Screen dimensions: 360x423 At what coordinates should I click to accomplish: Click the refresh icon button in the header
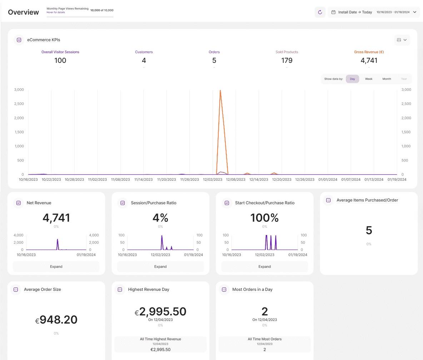(x=320, y=12)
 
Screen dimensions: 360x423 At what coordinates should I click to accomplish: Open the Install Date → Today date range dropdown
(x=374, y=12)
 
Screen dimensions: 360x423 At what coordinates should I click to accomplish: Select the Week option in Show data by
(x=369, y=79)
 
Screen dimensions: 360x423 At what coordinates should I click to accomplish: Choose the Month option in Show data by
(x=387, y=79)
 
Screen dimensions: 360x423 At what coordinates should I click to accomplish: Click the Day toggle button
(x=352, y=79)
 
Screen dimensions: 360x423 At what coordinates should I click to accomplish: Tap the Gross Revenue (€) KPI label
(x=369, y=52)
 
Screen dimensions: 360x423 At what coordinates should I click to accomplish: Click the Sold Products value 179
(x=287, y=61)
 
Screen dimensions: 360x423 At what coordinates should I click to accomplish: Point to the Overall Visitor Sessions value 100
(x=60, y=61)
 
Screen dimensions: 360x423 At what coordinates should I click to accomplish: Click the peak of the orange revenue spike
(x=220, y=91)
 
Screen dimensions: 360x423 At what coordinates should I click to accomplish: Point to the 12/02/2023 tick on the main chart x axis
(x=213, y=180)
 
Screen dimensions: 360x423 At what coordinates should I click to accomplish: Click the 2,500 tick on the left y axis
(x=19, y=104)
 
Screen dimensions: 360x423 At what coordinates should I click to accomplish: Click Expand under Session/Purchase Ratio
(x=160, y=266)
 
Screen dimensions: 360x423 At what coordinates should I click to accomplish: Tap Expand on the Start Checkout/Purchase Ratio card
(x=264, y=266)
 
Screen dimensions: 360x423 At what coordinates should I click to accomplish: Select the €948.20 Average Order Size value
(x=56, y=320)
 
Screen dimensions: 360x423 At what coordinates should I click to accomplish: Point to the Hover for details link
(x=56, y=12)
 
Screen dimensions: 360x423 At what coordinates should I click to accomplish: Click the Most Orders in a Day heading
(x=252, y=290)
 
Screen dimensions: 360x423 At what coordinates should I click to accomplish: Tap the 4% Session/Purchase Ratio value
(x=160, y=218)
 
